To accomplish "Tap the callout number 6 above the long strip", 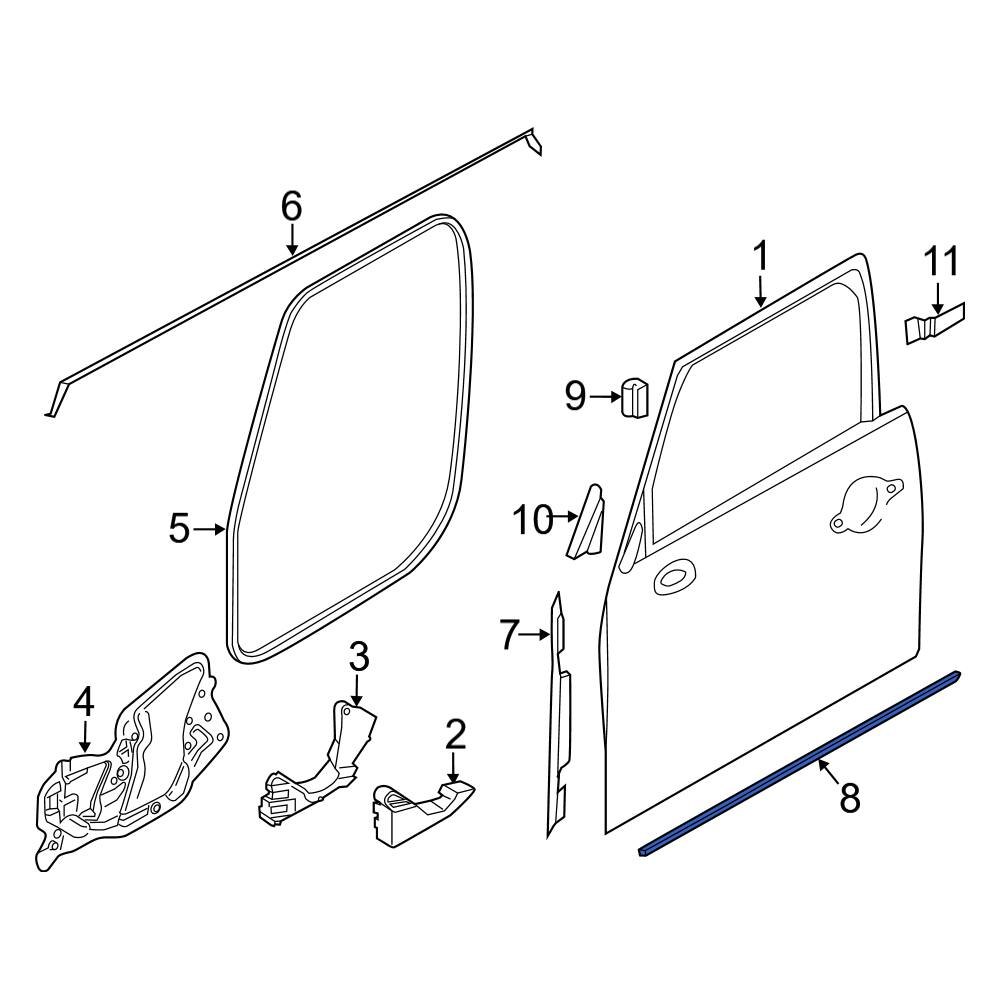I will click(291, 207).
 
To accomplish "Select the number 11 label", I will click(940, 262).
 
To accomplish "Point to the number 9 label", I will click(575, 397).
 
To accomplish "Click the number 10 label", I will click(532, 520).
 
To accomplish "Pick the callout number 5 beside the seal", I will click(179, 529).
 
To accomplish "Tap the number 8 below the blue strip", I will click(849, 798).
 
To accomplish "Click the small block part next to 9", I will click(635, 397).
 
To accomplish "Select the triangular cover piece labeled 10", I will click(587, 522).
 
